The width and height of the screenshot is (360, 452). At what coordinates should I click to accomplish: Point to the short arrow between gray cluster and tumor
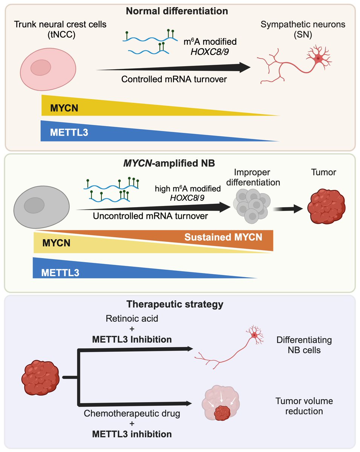click(x=288, y=209)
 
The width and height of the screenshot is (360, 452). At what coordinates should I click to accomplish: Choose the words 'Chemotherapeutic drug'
click(x=132, y=414)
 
